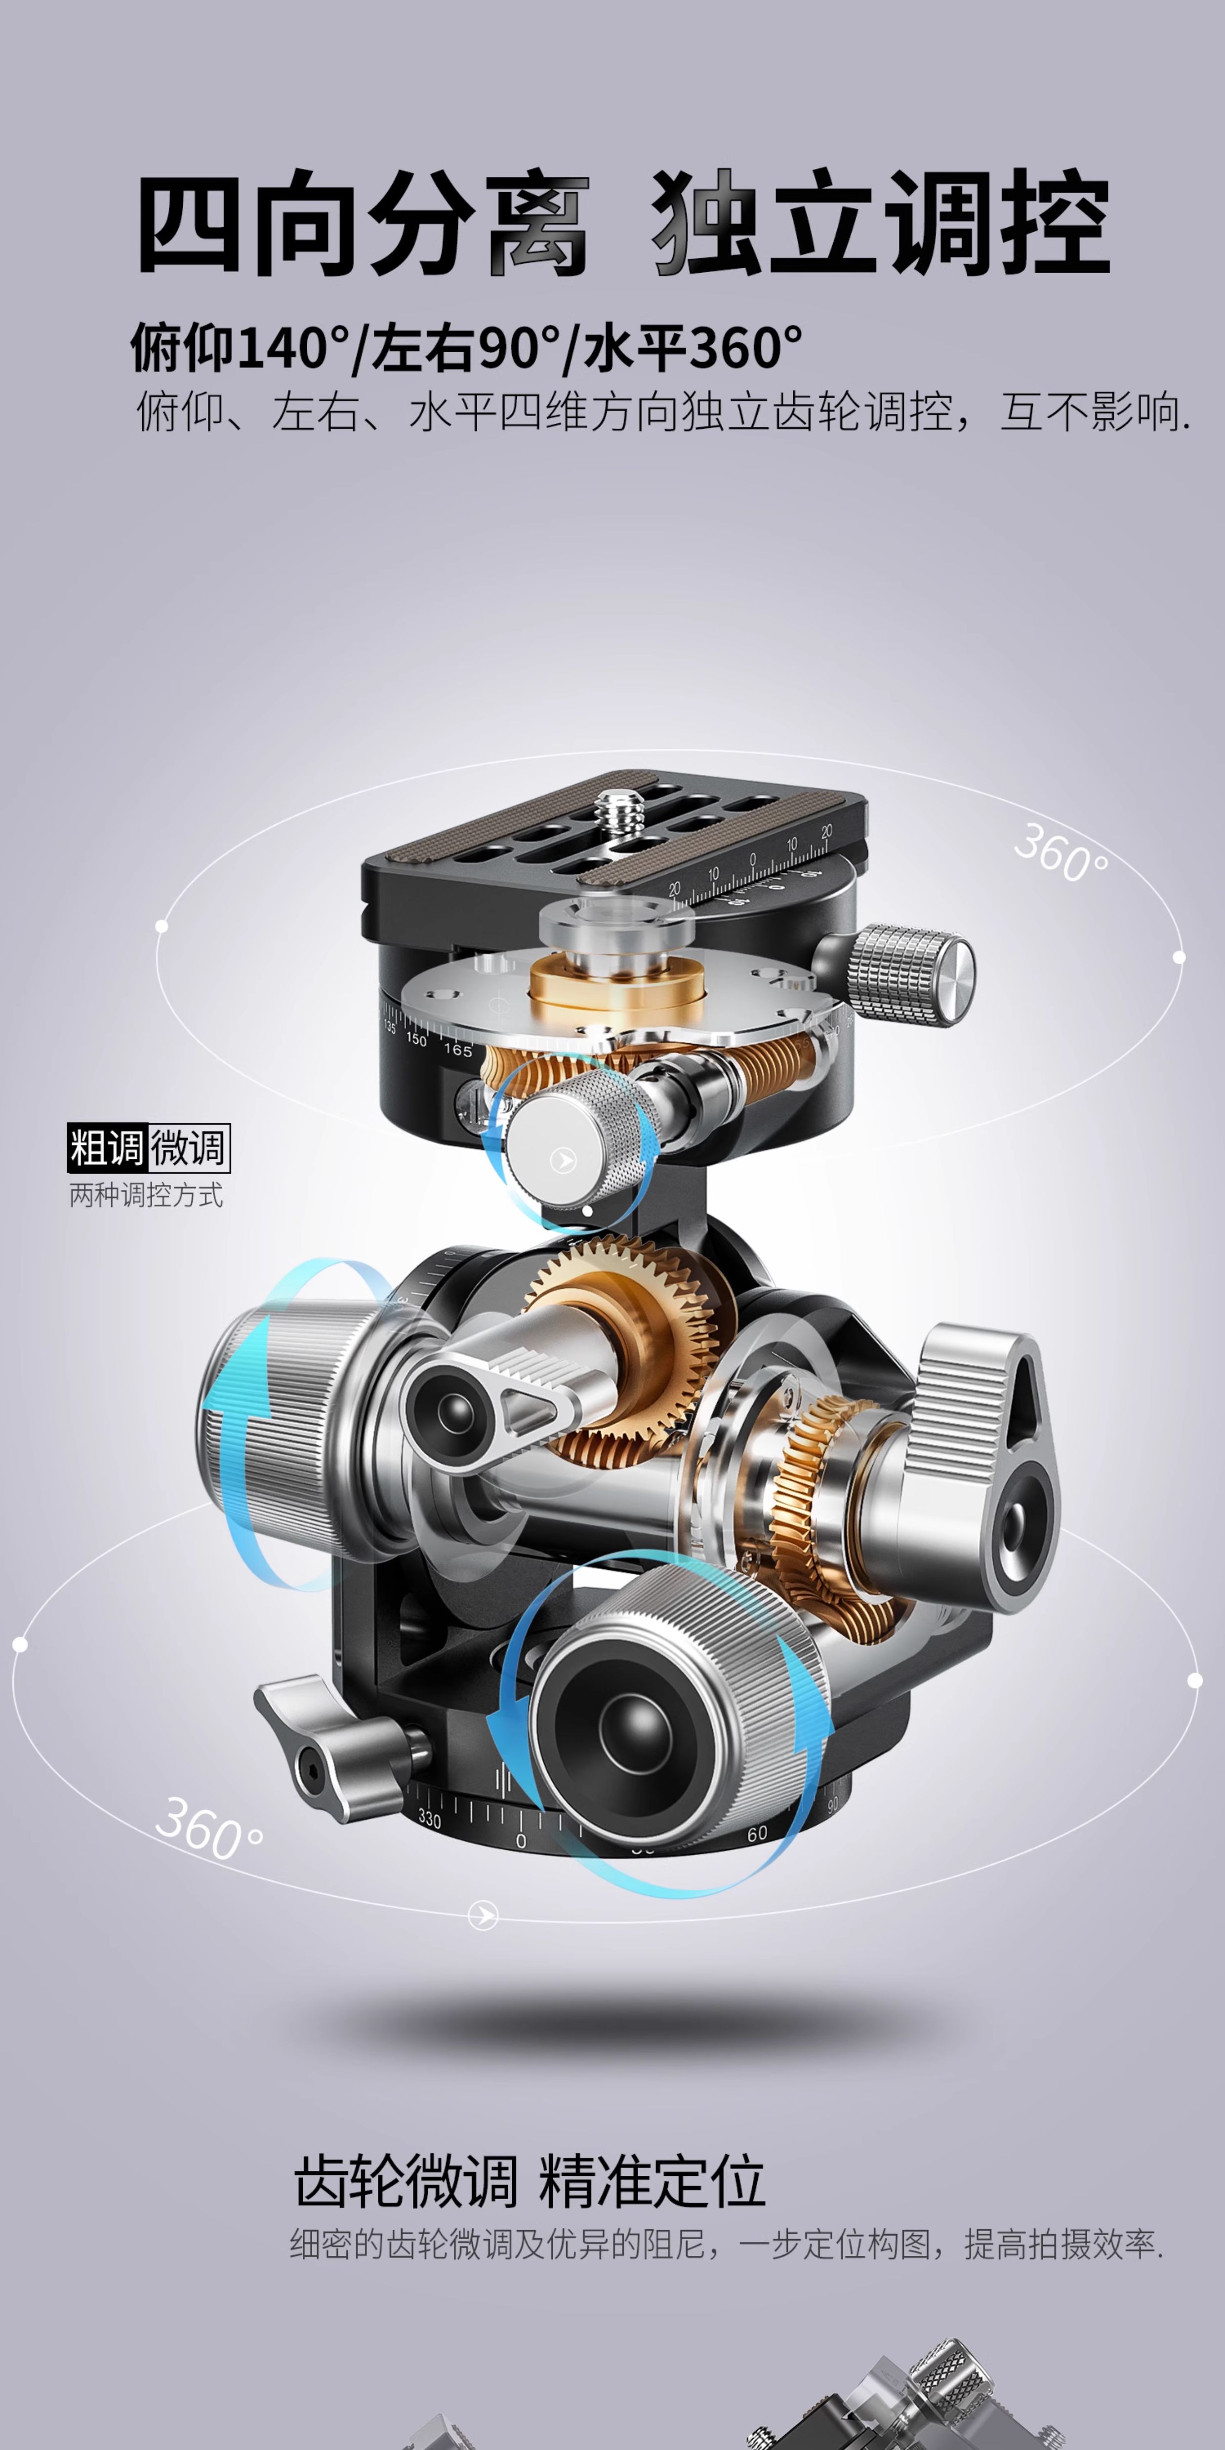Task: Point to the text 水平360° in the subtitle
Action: [x=693, y=347]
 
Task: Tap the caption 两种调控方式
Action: [x=146, y=1194]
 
